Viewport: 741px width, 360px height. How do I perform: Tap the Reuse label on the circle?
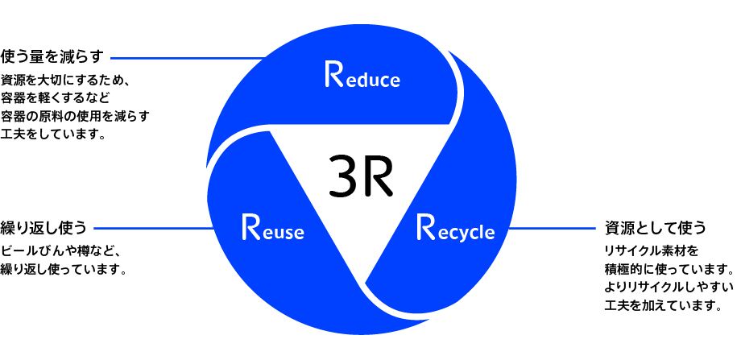[272, 230]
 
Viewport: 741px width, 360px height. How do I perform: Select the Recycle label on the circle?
[454, 230]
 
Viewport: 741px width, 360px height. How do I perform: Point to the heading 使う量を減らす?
[53, 57]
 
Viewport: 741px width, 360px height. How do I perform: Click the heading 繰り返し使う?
[43, 228]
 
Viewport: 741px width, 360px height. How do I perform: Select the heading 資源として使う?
[655, 226]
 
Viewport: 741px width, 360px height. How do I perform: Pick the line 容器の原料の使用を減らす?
[76, 117]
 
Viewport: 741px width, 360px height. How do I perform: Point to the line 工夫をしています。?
[54, 134]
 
